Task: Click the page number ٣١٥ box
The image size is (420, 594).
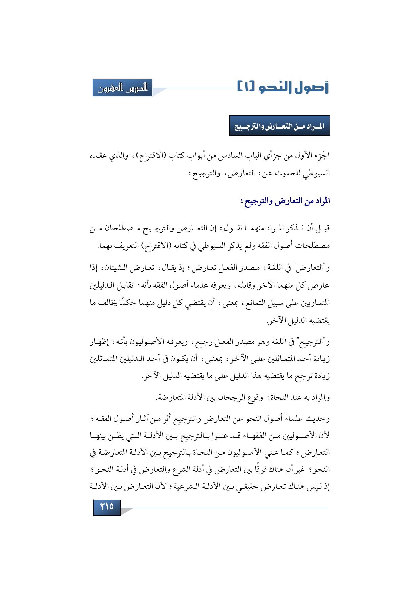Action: click(x=107, y=507)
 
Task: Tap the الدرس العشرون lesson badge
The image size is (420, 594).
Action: click(x=123, y=88)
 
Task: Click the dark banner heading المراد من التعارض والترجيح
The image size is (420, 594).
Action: click(x=279, y=126)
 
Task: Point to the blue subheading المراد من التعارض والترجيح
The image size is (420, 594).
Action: click(x=285, y=201)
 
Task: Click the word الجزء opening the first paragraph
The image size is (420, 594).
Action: click(x=321, y=156)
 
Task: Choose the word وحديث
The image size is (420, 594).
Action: click(x=318, y=419)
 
